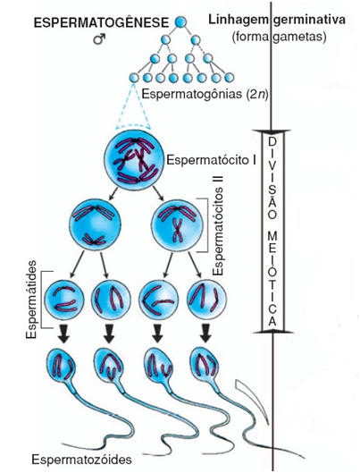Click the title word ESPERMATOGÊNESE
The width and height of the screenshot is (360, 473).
point(101,23)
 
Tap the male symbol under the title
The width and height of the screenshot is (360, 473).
point(99,39)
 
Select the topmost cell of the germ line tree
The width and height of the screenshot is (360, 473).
point(180,22)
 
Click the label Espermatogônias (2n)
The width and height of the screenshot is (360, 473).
point(205,94)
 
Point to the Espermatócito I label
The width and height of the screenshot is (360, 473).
point(212,160)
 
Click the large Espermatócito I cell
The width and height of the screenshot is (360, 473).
point(133,160)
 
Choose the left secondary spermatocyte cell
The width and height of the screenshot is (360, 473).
point(96,225)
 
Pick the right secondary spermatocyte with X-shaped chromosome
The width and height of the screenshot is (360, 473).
point(177,226)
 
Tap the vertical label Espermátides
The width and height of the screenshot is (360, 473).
point(31,300)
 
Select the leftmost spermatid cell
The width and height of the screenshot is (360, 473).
point(64,300)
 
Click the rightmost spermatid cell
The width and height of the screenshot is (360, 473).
point(206,300)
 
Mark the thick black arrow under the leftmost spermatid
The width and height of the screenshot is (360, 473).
point(63,334)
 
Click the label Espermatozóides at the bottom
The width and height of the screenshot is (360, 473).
point(82,460)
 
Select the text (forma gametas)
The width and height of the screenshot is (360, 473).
point(280,38)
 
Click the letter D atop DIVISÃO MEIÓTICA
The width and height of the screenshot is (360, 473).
point(272,141)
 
